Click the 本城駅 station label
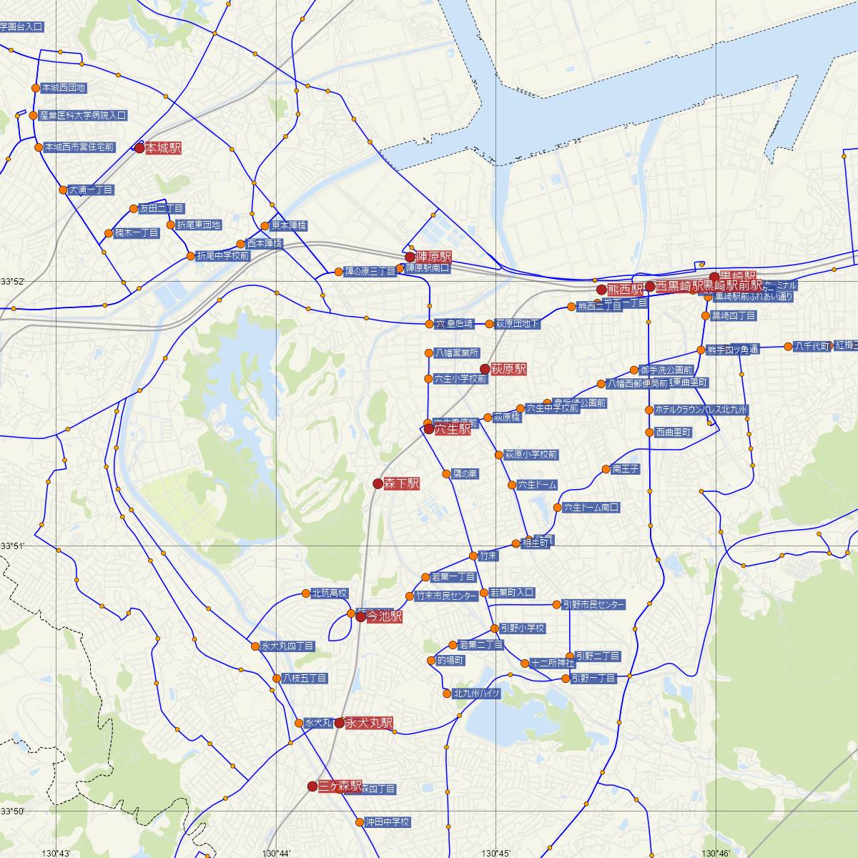pyautogui.click(x=163, y=149)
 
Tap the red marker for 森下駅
pyautogui.click(x=378, y=483)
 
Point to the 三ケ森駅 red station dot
pyautogui.click(x=312, y=786)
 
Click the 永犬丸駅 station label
pyautogui.click(x=369, y=724)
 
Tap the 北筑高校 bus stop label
pyautogui.click(x=330, y=593)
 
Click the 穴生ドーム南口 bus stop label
pyautogui.click(x=591, y=508)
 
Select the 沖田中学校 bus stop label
pyautogui.click(x=387, y=822)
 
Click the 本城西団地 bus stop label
pyautogui.click(x=64, y=88)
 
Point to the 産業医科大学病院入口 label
pyautogui.click(x=83, y=115)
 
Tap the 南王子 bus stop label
pyautogui.click(x=626, y=469)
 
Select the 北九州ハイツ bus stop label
pyautogui.click(x=476, y=694)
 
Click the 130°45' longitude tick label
pyautogui.click(x=496, y=853)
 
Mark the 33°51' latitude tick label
pyautogui.click(x=12, y=546)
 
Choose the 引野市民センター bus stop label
pyautogui.click(x=593, y=605)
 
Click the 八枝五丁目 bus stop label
pyautogui.click(x=305, y=678)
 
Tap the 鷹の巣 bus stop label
pyautogui.click(x=465, y=474)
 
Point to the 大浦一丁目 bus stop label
pyautogui.click(x=92, y=190)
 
